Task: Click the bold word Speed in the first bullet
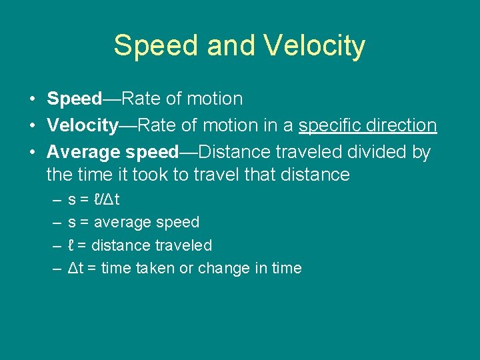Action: (x=74, y=99)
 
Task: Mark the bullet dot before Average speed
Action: (x=32, y=153)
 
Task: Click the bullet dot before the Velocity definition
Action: (x=32, y=126)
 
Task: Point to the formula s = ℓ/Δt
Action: (x=94, y=199)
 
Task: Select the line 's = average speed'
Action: (x=133, y=222)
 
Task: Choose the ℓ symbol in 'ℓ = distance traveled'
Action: (x=71, y=245)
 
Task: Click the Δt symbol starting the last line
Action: (x=75, y=268)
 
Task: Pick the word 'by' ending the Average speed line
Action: (x=421, y=153)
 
